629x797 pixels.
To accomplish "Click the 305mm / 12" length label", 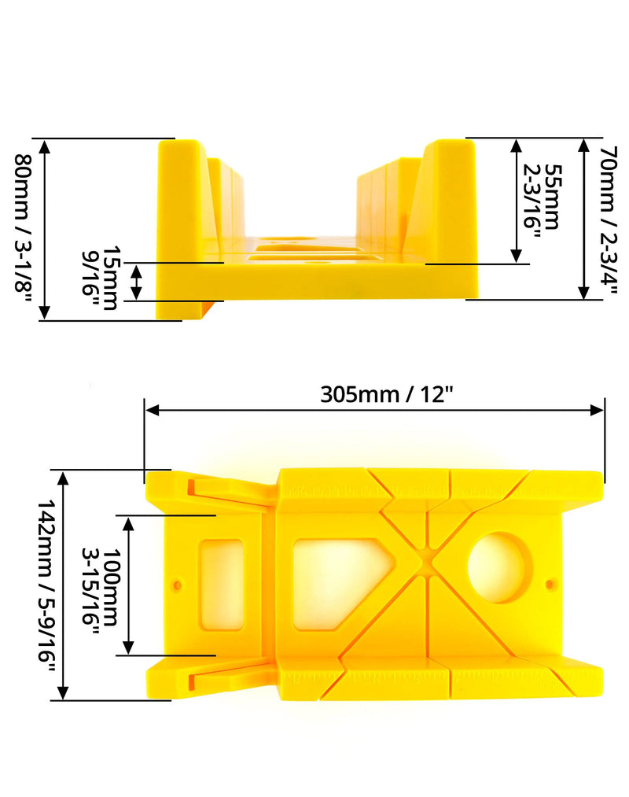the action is tap(386, 394).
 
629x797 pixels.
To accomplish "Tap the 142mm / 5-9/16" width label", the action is tap(46, 588).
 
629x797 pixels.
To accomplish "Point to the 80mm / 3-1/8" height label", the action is tap(24, 230).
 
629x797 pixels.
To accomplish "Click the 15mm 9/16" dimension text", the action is tap(100, 278).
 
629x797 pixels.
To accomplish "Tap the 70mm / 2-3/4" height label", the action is tap(609, 220).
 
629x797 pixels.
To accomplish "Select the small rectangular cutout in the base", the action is tap(222, 585).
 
